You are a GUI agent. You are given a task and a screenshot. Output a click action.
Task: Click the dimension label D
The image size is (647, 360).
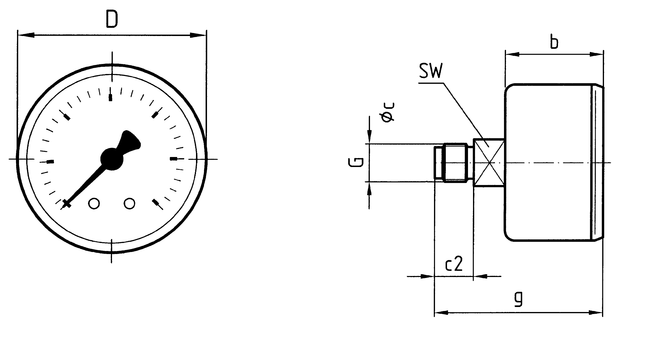pyautogui.click(x=112, y=19)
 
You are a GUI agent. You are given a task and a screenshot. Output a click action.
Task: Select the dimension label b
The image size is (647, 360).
pyautogui.click(x=555, y=42)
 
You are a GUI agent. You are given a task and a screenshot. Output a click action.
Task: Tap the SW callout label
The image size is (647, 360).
pyautogui.click(x=430, y=71)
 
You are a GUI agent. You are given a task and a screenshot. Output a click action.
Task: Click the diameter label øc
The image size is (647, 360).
pyautogui.click(x=388, y=112)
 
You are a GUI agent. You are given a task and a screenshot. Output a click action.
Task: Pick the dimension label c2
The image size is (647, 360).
pyautogui.click(x=454, y=263)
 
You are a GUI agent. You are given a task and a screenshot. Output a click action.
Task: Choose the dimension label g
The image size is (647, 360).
pyautogui.click(x=519, y=298)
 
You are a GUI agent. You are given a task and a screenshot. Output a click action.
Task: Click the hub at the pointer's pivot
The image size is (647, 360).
pyautogui.click(x=111, y=159)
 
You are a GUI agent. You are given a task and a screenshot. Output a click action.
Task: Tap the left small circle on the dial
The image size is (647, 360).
pyautogui.click(x=94, y=204)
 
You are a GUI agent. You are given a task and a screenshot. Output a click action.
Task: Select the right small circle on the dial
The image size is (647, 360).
pyautogui.click(x=130, y=204)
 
